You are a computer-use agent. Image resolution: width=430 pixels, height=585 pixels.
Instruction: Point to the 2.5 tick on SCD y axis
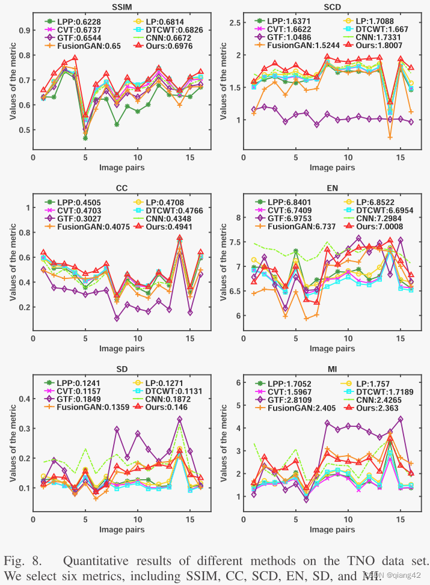tap(235, 23)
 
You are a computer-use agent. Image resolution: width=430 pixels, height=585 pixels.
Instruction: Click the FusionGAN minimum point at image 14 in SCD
tap(390, 137)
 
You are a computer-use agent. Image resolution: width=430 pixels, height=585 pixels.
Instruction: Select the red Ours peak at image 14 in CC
tap(179, 237)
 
